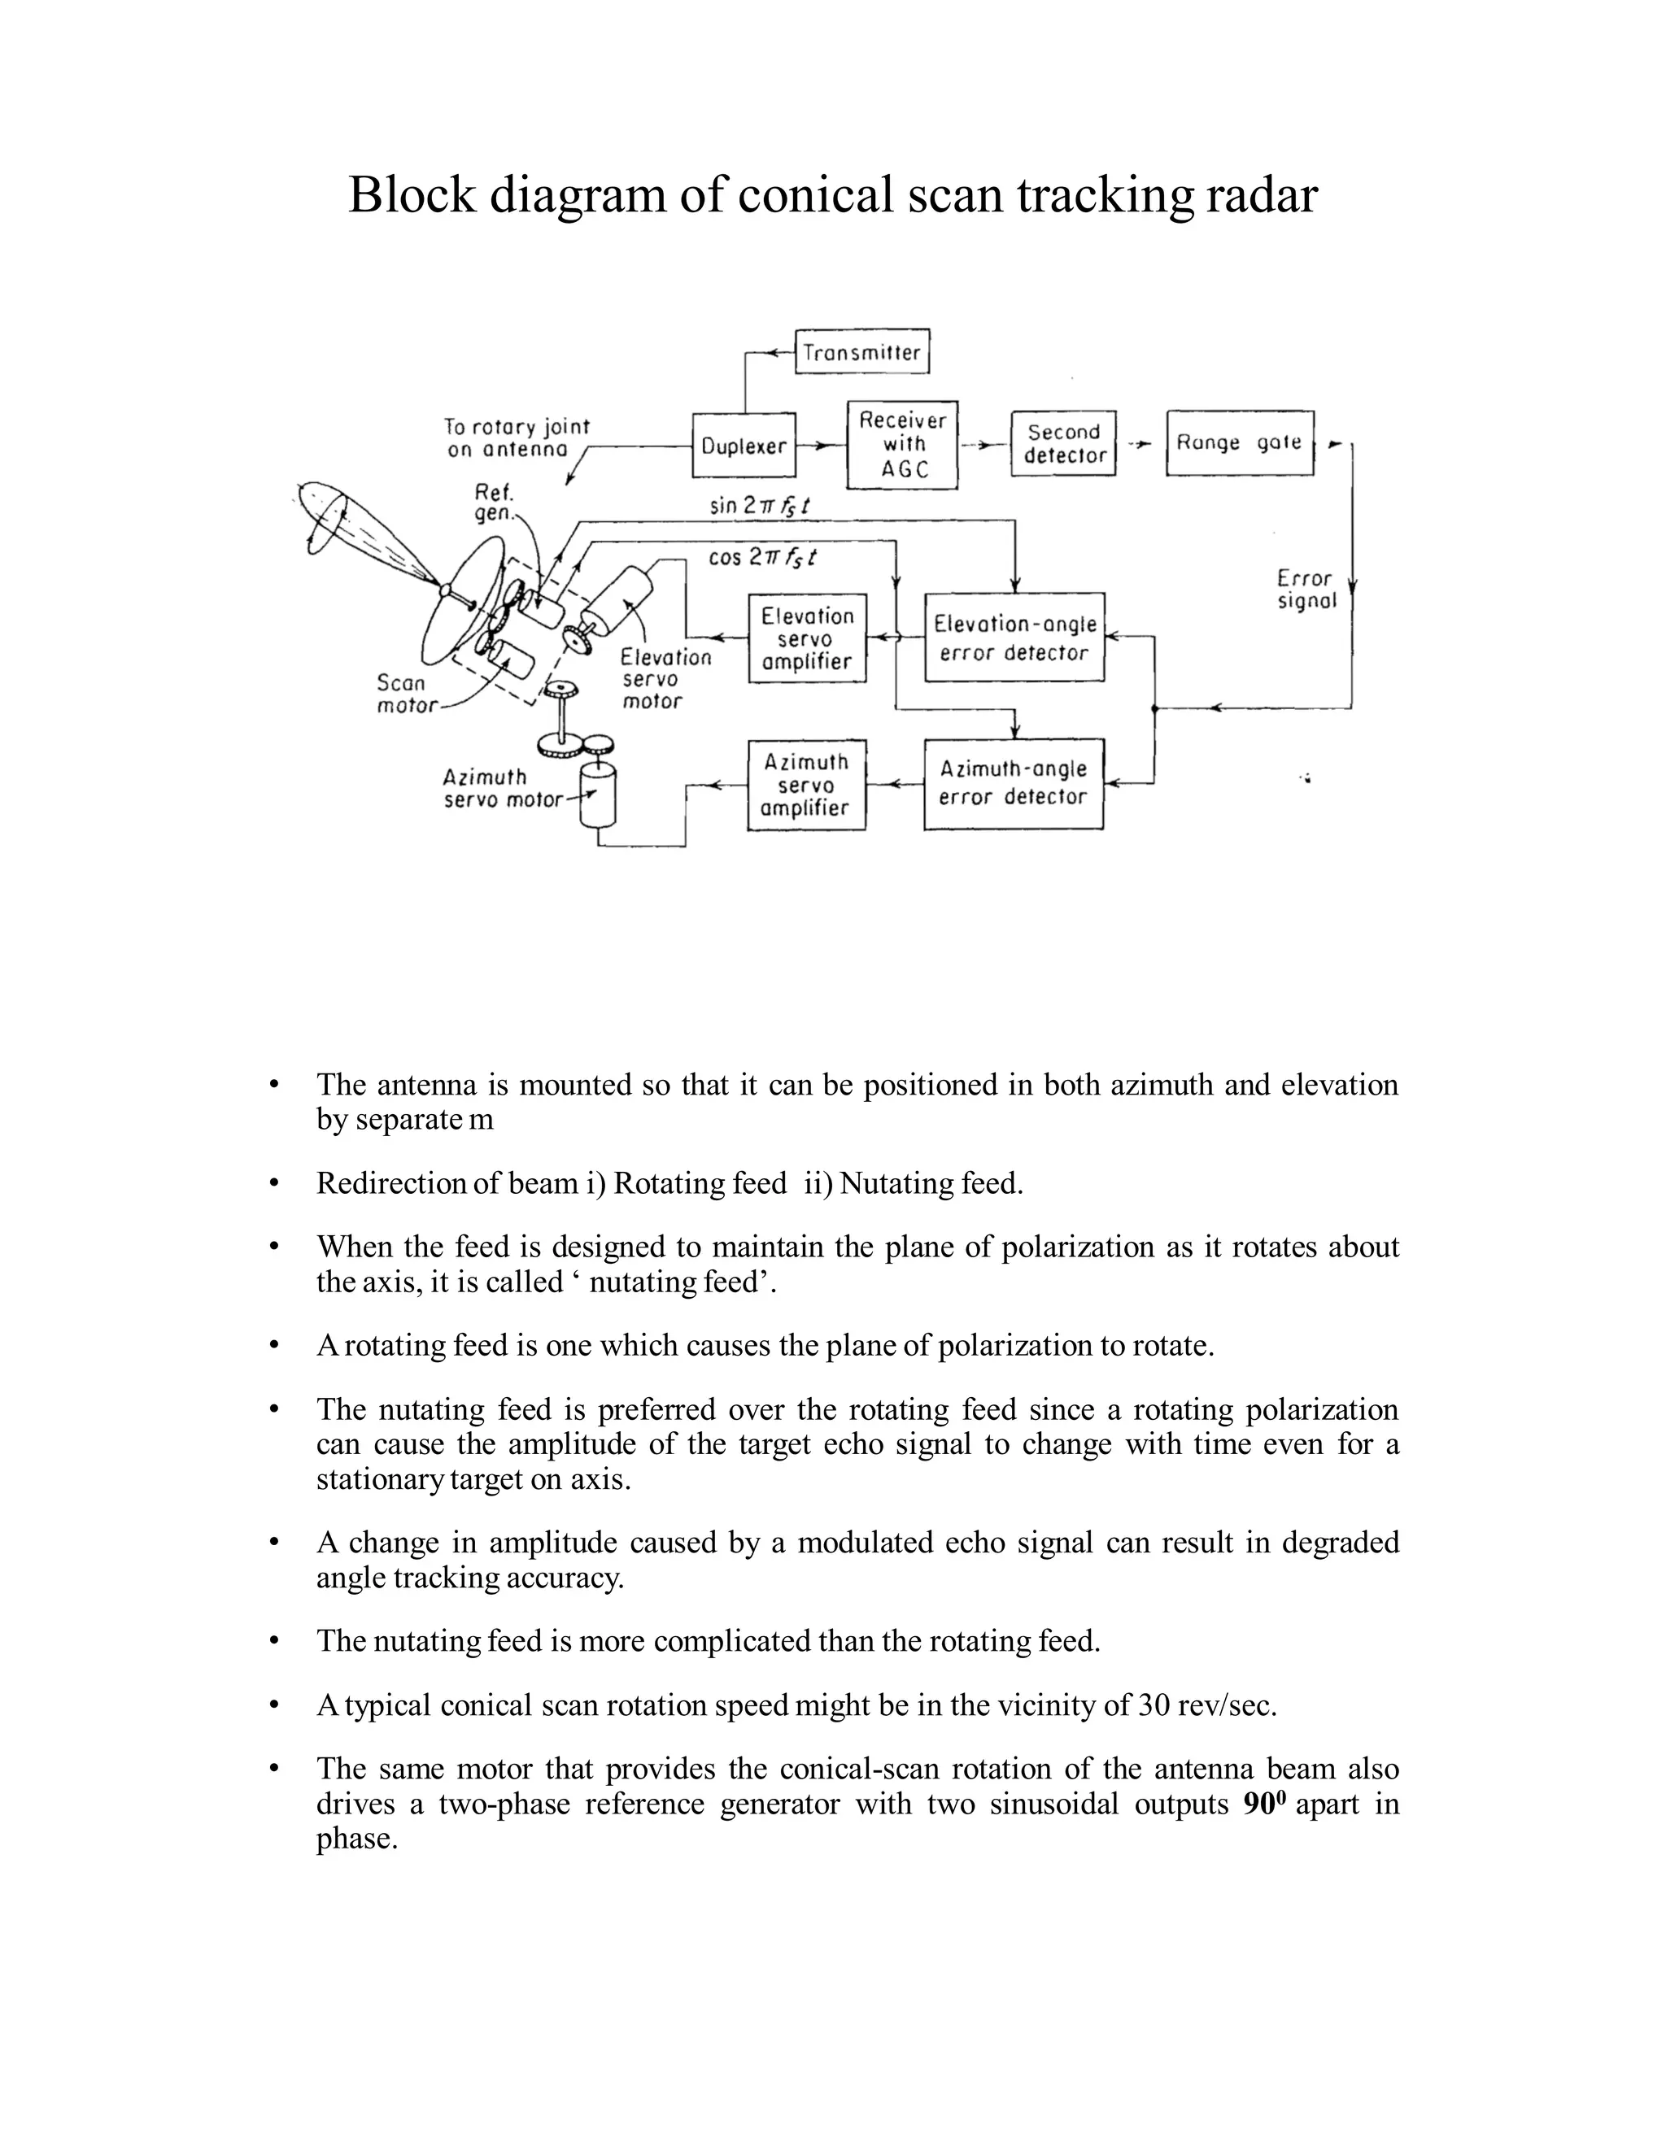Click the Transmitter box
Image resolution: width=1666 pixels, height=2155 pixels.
[x=861, y=352]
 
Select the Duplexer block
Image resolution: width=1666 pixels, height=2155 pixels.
[x=744, y=446]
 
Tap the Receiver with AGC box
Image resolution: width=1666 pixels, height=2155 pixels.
[x=902, y=445]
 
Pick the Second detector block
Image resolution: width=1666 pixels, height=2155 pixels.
[x=1063, y=444]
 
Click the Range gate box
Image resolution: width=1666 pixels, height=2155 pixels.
[x=1240, y=443]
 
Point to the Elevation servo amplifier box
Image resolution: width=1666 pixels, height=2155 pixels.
[x=806, y=638]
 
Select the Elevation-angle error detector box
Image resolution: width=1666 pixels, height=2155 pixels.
[x=1014, y=638]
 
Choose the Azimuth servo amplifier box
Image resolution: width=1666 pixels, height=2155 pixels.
[x=805, y=785]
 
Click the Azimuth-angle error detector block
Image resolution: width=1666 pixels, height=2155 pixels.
[x=1013, y=783]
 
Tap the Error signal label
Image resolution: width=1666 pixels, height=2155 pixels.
[x=1306, y=589]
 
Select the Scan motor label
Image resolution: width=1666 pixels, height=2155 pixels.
[x=403, y=694]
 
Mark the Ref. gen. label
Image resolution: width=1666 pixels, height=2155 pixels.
[x=492, y=503]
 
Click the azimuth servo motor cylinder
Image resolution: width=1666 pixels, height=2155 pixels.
[x=597, y=794]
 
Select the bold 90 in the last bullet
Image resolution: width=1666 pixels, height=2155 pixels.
[x=1256, y=1805]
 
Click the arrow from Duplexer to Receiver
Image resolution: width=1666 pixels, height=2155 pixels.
[x=820, y=446]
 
